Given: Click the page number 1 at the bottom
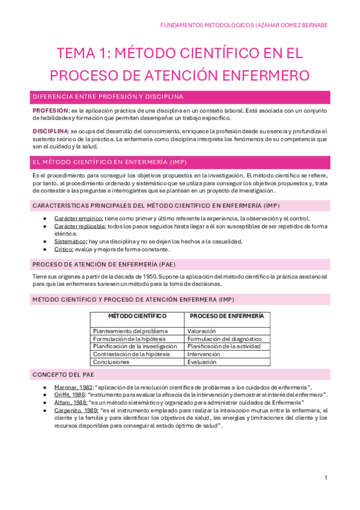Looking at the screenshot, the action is tap(325, 478).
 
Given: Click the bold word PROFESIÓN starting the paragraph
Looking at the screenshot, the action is tap(50, 111).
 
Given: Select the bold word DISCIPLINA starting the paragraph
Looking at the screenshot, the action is tap(50, 131).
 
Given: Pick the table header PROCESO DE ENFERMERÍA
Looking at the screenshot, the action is tap(226, 316).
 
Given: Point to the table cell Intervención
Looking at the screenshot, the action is tap(203, 354).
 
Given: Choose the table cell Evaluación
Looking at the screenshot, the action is tap(201, 362).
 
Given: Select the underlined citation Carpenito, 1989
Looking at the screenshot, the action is tap(75, 410).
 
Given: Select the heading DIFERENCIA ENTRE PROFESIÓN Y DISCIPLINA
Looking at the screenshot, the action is tap(108, 97).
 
